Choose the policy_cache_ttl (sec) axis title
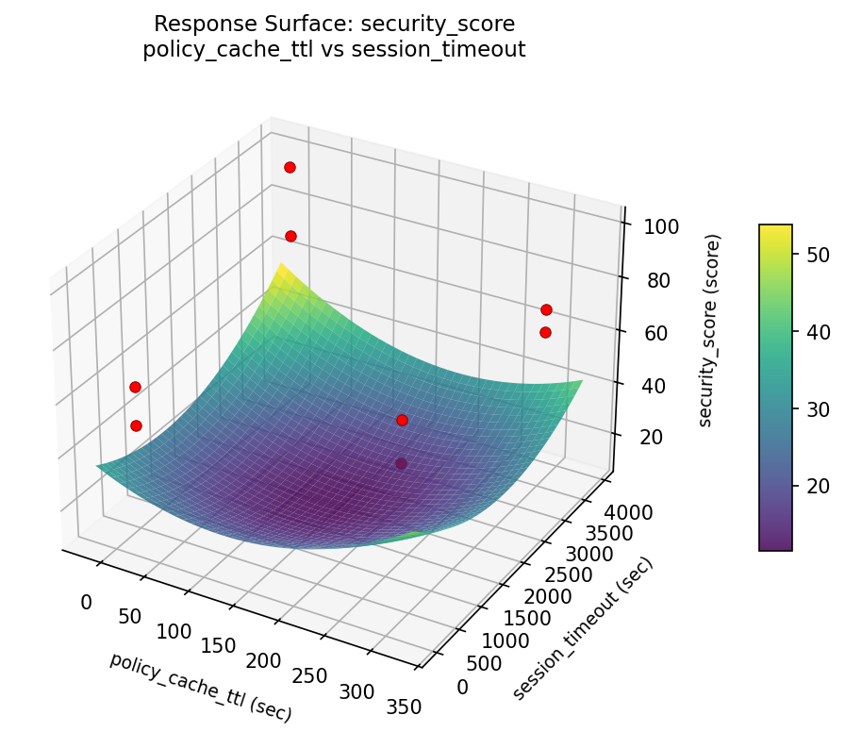[200, 686]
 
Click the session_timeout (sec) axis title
[582, 629]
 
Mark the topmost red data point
[290, 167]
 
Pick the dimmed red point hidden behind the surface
[402, 463]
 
